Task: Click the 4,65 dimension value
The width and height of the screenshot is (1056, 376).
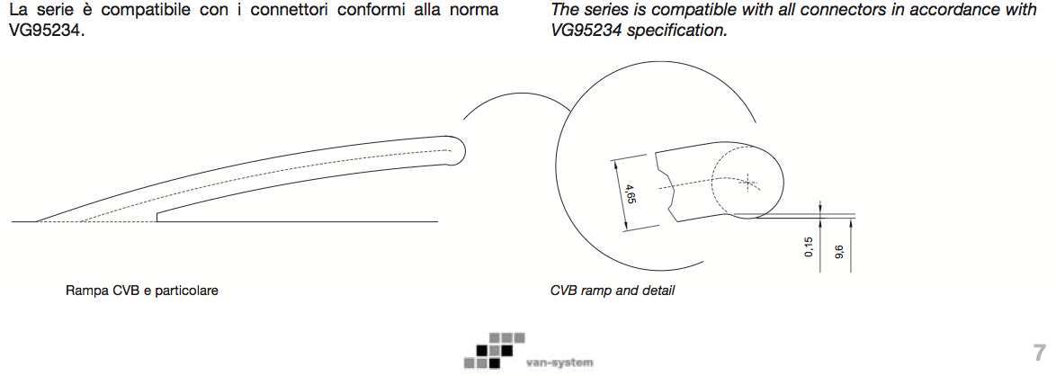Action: coord(631,194)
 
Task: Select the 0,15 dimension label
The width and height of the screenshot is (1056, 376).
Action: coord(808,247)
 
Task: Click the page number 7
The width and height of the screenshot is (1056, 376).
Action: coord(1039,351)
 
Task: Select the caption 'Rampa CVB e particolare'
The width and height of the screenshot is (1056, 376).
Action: coord(142,291)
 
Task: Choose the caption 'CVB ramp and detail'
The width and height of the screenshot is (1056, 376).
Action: coord(612,291)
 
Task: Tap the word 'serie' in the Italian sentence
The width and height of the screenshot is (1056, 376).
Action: coord(53,10)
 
